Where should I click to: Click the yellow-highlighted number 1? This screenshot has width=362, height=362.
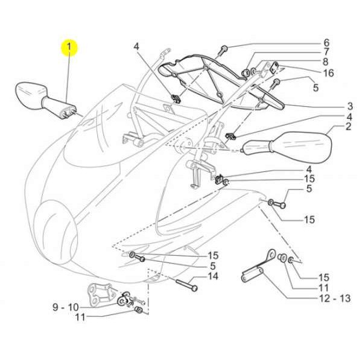point(69,47)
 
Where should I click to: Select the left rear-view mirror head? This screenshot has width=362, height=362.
point(30,95)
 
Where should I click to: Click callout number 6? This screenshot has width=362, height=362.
point(326,42)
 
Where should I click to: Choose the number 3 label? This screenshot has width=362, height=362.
point(350,106)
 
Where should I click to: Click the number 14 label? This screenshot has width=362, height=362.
point(212,276)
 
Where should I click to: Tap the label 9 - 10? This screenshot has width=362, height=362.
point(66,307)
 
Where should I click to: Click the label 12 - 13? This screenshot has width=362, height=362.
point(335,298)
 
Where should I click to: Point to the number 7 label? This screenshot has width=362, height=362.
point(326,52)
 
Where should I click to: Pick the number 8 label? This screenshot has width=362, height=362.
point(325,62)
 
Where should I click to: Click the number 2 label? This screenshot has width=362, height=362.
point(348,126)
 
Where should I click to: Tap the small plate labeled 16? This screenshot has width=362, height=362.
point(275,68)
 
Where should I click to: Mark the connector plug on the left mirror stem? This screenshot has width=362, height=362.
point(68,112)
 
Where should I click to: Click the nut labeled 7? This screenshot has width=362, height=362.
point(245,73)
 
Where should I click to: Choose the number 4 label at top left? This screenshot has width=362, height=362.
point(136,46)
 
